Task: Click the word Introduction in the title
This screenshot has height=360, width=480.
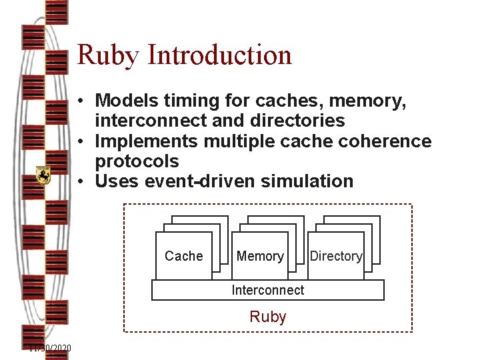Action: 219,55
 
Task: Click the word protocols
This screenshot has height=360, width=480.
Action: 137,161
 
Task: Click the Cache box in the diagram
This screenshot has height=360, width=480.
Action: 183,256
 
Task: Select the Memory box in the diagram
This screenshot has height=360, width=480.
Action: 260,256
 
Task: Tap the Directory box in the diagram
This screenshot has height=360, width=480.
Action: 336,256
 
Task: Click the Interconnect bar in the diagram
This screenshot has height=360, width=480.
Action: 268,290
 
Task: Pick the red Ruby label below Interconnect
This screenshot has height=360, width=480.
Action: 268,317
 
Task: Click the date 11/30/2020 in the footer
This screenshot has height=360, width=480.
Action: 50,348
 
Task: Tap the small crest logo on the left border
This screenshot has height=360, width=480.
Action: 43,175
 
